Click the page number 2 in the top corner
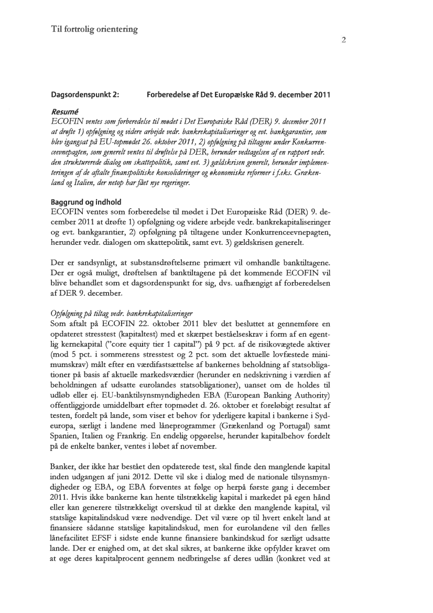coord(344,40)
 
